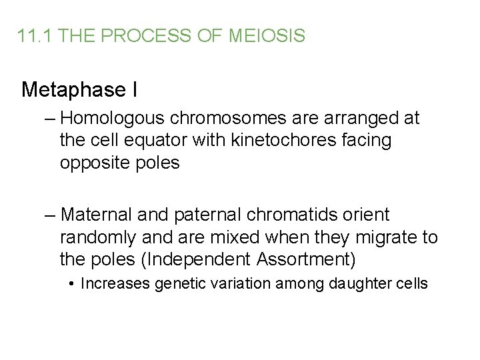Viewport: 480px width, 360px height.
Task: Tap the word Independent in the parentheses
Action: click(200, 259)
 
